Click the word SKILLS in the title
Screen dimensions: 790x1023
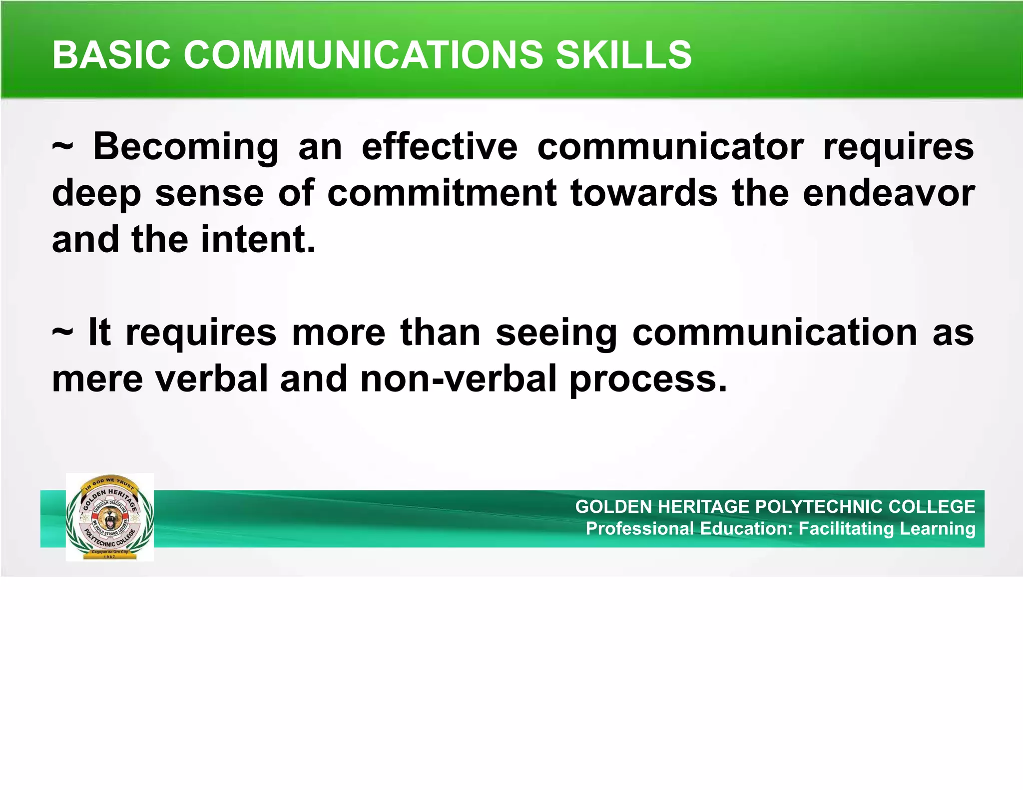(624, 54)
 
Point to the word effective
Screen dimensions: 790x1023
(440, 147)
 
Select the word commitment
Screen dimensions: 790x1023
(442, 193)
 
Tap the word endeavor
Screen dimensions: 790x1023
(889, 193)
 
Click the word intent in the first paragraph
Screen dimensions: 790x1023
(258, 239)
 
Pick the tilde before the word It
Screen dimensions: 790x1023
(62, 332)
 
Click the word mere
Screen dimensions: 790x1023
(97, 378)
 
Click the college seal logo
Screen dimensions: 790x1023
(109, 517)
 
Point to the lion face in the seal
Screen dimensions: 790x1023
(109, 519)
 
